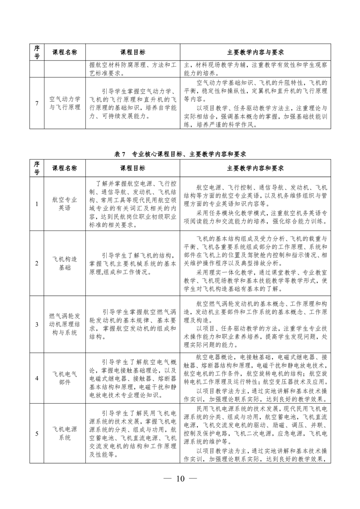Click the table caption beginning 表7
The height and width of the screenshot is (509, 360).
[x=180, y=154]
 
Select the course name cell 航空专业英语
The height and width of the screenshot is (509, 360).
[x=64, y=203]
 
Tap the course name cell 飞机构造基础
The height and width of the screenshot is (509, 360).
[x=64, y=264]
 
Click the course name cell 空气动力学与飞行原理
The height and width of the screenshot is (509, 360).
[x=64, y=103]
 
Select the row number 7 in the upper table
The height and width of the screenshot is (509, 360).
[x=36, y=103]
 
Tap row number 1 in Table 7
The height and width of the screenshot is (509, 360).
[x=36, y=203]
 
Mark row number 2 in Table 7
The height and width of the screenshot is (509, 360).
[x=36, y=264]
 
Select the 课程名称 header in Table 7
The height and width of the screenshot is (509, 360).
[x=64, y=168]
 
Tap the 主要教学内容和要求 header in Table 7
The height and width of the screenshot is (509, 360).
[x=255, y=168]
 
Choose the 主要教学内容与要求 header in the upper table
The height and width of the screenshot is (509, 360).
[x=255, y=52]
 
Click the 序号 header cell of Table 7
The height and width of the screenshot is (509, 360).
[x=36, y=168]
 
